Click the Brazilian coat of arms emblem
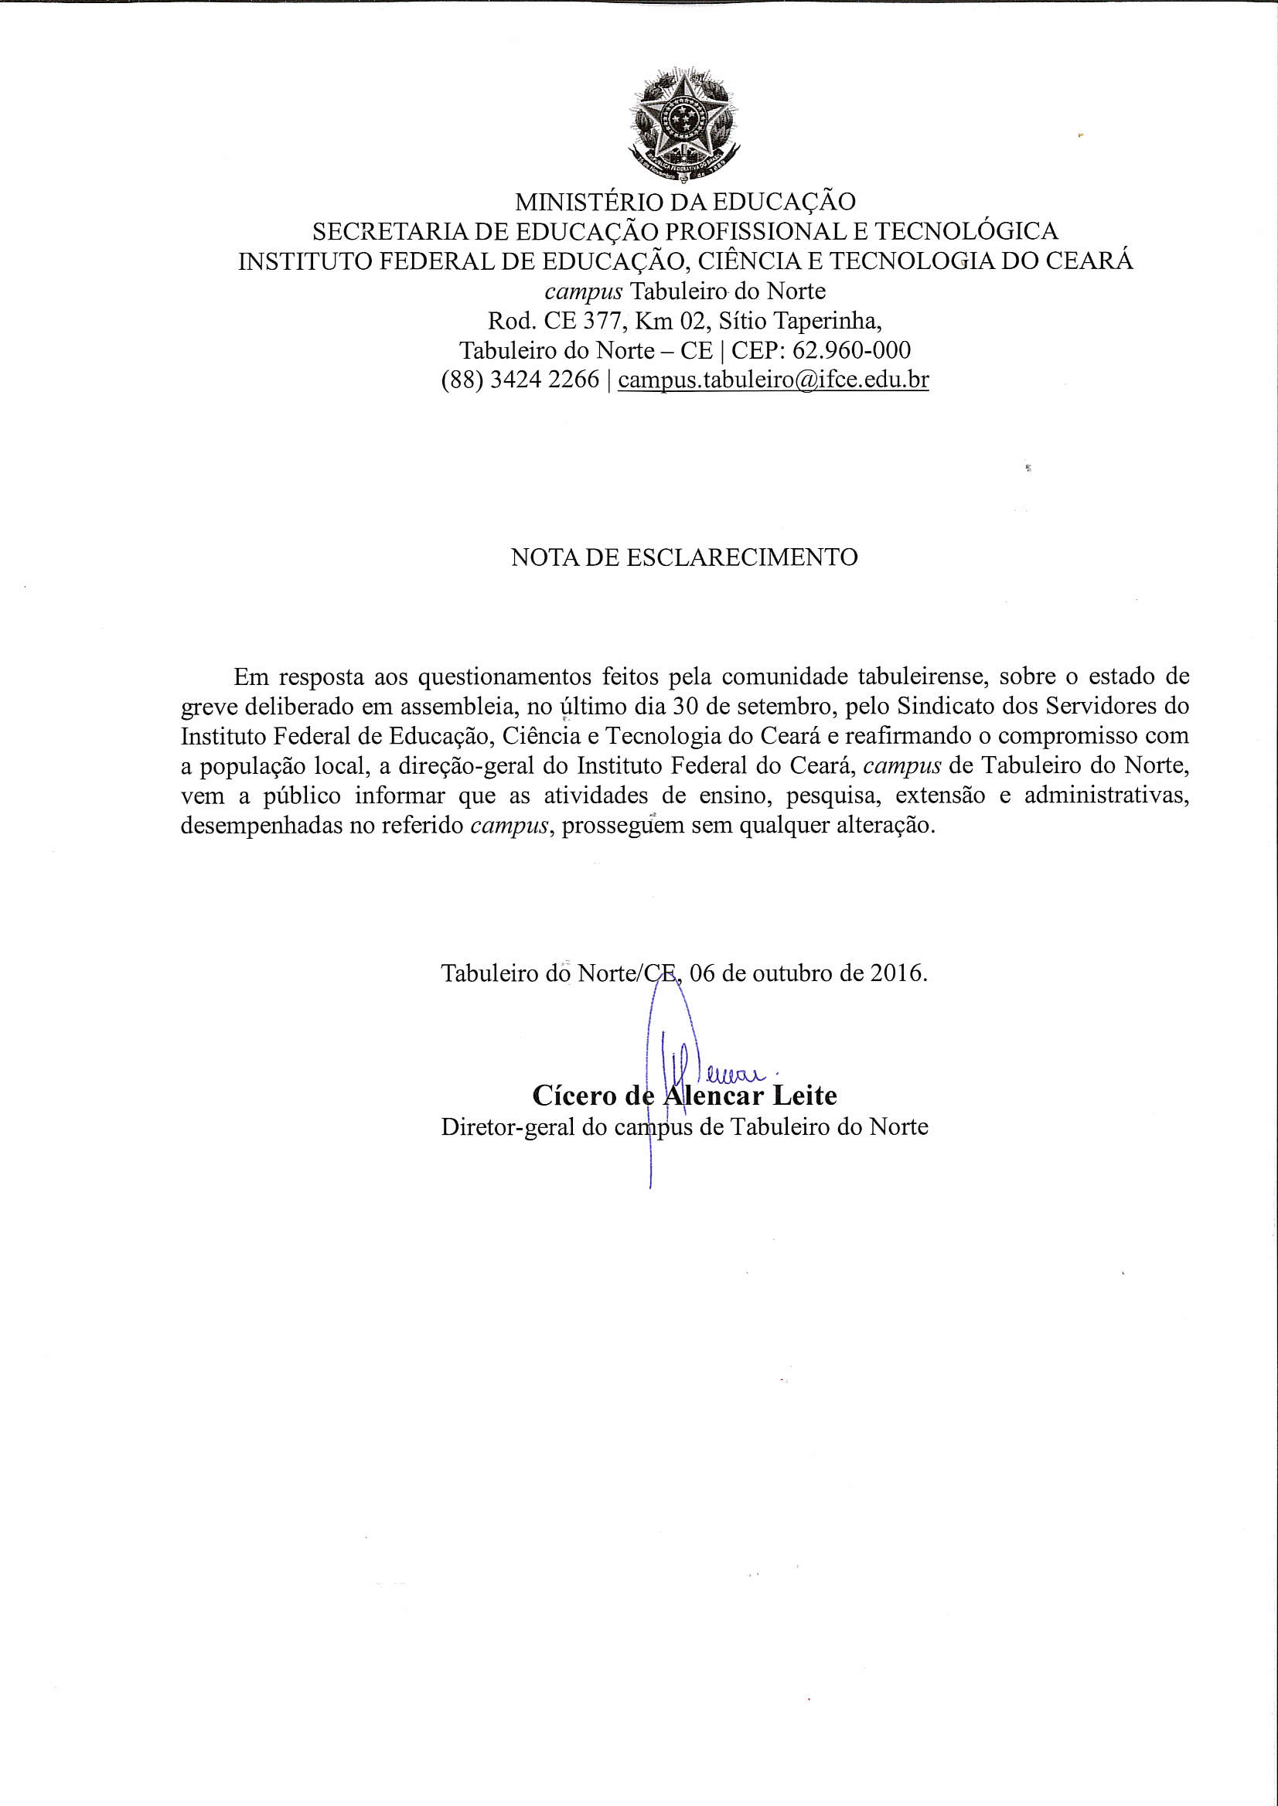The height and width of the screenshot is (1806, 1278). click(684, 124)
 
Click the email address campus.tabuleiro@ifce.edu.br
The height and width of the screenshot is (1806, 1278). click(773, 380)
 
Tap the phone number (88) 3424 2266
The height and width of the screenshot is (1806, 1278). click(520, 380)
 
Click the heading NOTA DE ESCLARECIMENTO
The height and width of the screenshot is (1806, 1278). click(684, 557)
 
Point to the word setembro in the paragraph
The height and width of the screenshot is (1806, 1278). click(777, 706)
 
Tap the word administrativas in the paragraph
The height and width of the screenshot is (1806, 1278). click(1106, 796)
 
